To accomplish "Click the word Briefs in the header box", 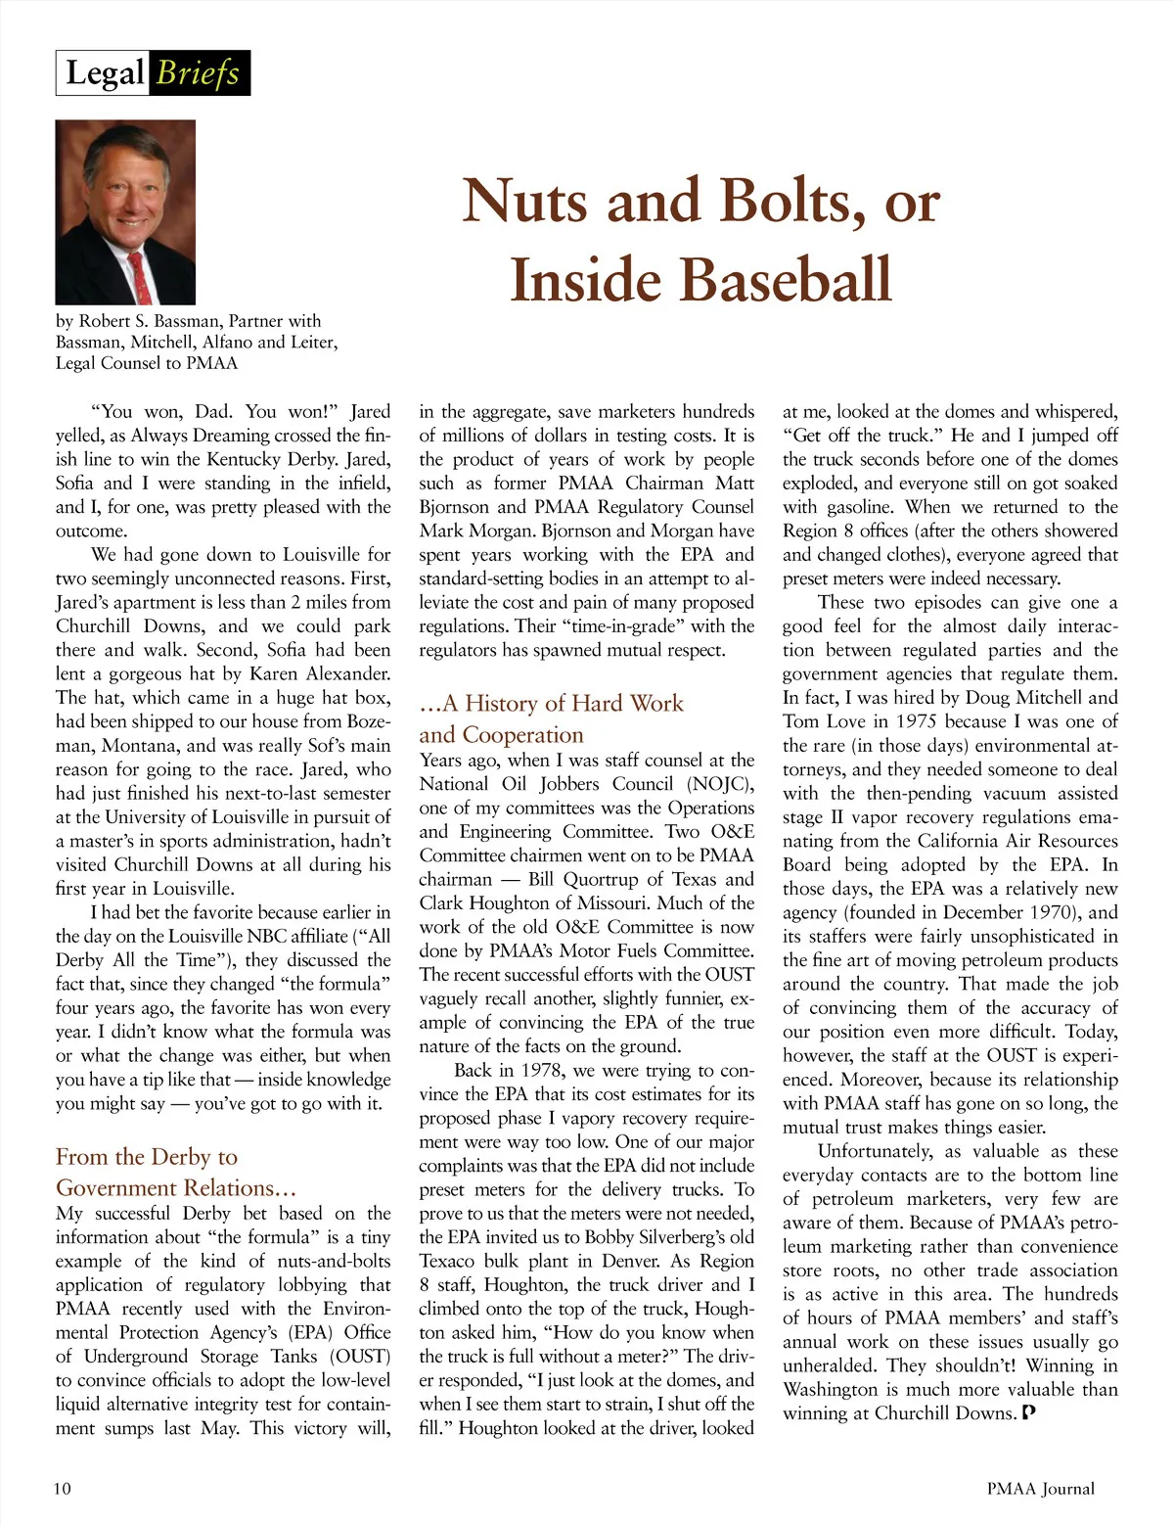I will click(x=198, y=73).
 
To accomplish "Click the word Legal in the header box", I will click(x=105, y=73).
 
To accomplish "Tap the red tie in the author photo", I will click(x=141, y=276).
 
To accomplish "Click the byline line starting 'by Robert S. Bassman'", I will click(x=188, y=321).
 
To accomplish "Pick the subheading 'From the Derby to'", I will click(x=147, y=1157).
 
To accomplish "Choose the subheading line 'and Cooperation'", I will click(x=501, y=735).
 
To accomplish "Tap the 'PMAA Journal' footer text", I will click(x=1040, y=1489).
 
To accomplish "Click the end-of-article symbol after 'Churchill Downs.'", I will click(x=1027, y=1412).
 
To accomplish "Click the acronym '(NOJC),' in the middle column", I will click(x=720, y=784).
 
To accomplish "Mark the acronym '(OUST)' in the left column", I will click(x=359, y=1357).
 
